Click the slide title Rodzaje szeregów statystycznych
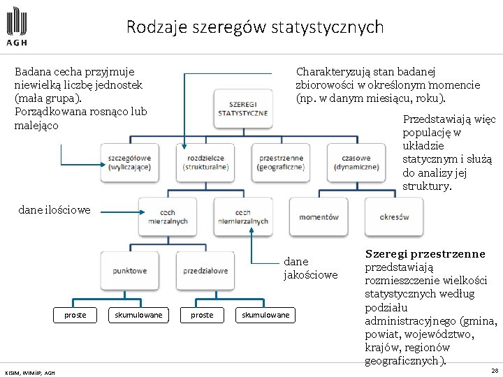click(255, 27)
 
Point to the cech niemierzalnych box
click(243, 216)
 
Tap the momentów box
click(319, 217)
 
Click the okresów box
click(395, 217)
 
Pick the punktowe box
click(129, 270)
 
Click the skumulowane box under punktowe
click(138, 315)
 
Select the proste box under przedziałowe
click(202, 315)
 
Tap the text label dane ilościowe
click(54, 209)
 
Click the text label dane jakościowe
click(310, 269)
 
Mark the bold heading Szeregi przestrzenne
click(425, 254)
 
